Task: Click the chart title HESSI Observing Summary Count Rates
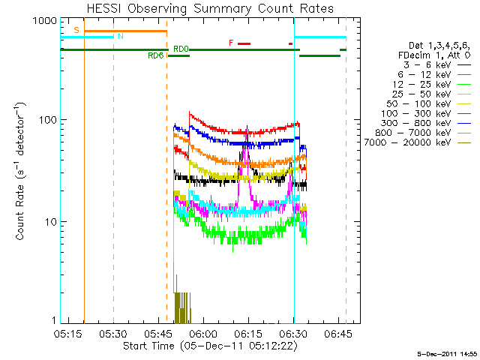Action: pos(209,8)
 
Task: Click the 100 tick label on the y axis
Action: pos(46,120)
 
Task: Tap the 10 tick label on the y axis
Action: pos(49,222)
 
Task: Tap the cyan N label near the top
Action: pos(121,36)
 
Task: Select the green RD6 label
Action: pos(156,55)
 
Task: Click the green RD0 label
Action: pos(181,49)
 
